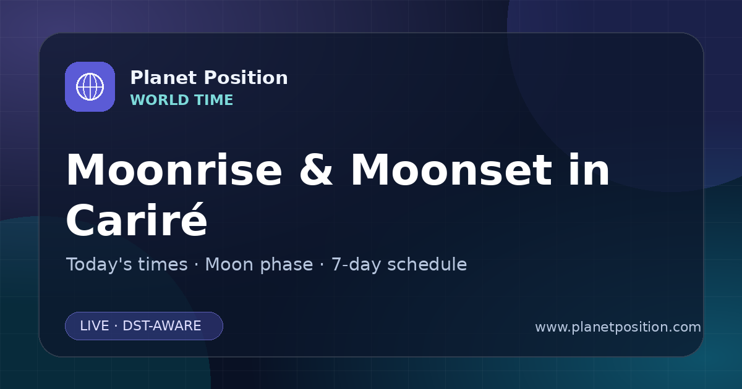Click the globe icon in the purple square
tap(90, 86)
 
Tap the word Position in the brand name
tap(246, 78)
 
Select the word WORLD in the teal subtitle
tap(160, 100)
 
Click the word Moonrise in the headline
tap(174, 170)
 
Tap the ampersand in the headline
tap(316, 170)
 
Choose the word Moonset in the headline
tap(451, 170)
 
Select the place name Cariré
tap(137, 220)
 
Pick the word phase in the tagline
tap(286, 265)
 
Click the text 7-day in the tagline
tap(356, 265)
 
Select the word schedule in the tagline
tap(427, 264)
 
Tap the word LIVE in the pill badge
tap(95, 326)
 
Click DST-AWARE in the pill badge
tap(161, 326)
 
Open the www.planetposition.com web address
tap(618, 327)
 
